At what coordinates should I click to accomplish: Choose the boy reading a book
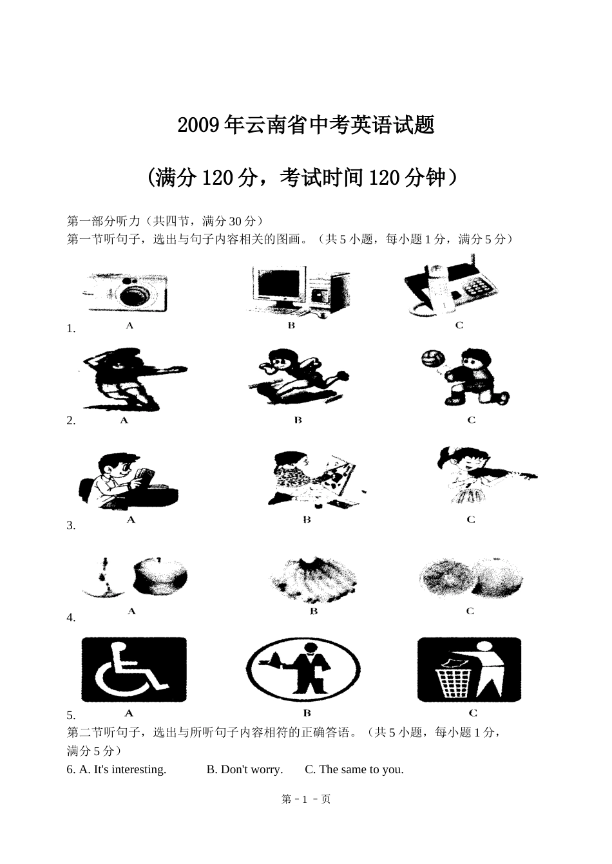(x=128, y=481)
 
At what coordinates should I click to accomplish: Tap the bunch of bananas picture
(x=313, y=581)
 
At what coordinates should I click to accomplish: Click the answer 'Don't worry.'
(x=245, y=777)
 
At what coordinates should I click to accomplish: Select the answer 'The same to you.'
(x=354, y=777)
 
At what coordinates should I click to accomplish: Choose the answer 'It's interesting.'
(x=122, y=777)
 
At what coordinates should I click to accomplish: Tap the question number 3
(x=71, y=525)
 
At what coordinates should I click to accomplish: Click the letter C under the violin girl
(x=471, y=520)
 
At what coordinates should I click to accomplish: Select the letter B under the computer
(x=291, y=326)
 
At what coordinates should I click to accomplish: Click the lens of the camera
(x=134, y=295)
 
